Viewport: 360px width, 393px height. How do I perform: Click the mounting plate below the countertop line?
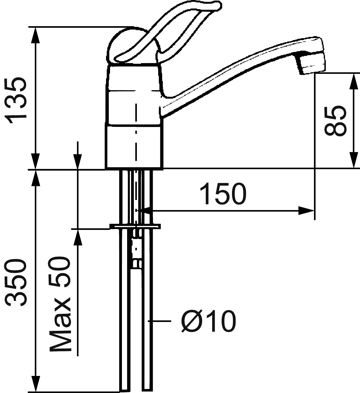135,226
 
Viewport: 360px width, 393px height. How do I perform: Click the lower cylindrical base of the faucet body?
134,146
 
